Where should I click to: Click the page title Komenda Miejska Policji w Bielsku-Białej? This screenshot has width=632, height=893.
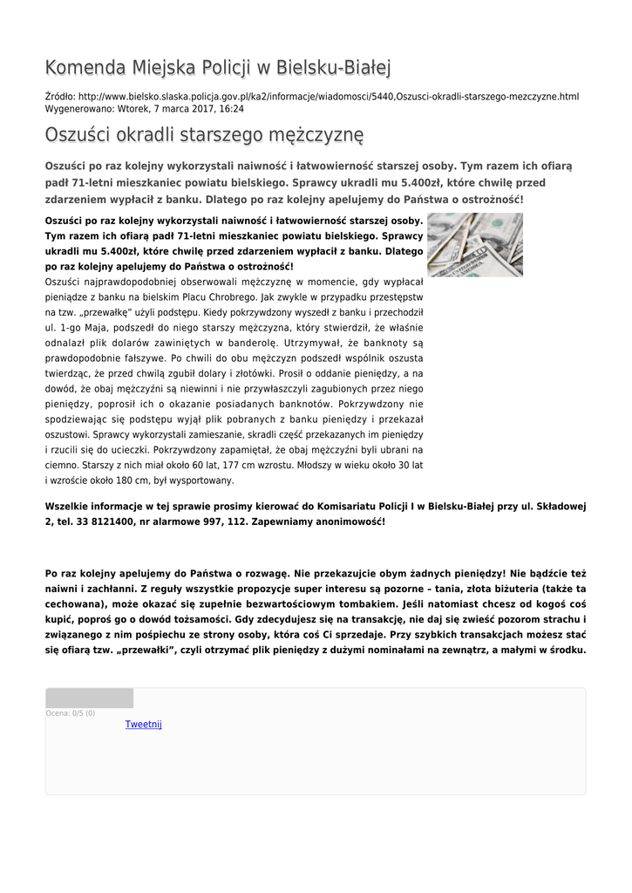[x=218, y=67]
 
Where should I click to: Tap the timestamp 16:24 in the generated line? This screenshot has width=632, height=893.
[x=232, y=109]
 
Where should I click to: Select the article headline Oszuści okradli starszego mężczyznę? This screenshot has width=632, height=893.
[x=204, y=135]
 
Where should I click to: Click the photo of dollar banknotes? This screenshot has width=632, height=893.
[x=474, y=244]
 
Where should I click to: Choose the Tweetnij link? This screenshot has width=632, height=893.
[x=144, y=725]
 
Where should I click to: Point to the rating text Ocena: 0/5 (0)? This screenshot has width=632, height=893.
[x=71, y=713]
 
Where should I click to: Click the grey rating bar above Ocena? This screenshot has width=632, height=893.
[x=90, y=699]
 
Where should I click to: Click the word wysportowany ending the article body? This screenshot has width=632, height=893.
[x=201, y=481]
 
